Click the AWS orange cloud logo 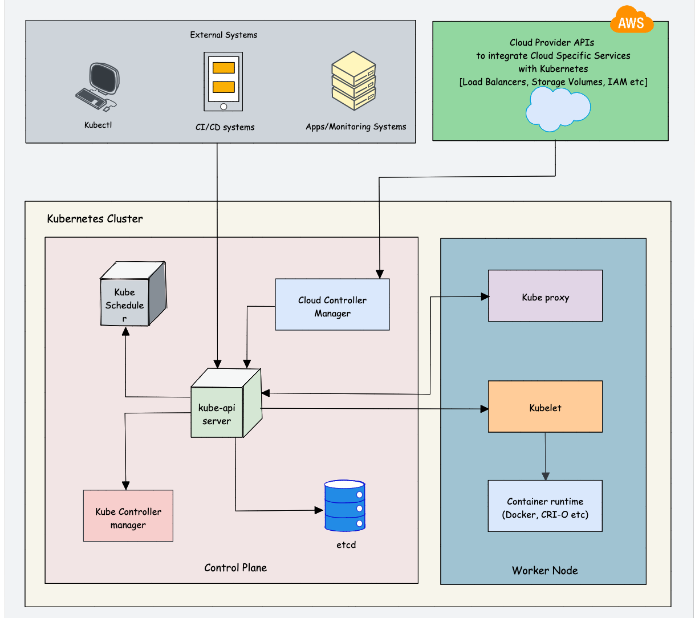point(631,21)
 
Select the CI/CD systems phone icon point(223,82)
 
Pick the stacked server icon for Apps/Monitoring point(353,80)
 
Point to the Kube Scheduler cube point(132,294)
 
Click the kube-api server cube point(225,403)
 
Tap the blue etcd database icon point(345,506)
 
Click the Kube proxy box point(546,297)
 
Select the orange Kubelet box point(546,407)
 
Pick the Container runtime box point(546,506)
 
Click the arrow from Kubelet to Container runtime point(546,456)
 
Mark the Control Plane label point(235,567)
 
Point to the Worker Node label point(545,570)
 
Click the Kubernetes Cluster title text point(95,218)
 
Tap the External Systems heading point(223,35)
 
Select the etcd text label point(346,544)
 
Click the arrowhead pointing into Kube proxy point(485,296)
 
